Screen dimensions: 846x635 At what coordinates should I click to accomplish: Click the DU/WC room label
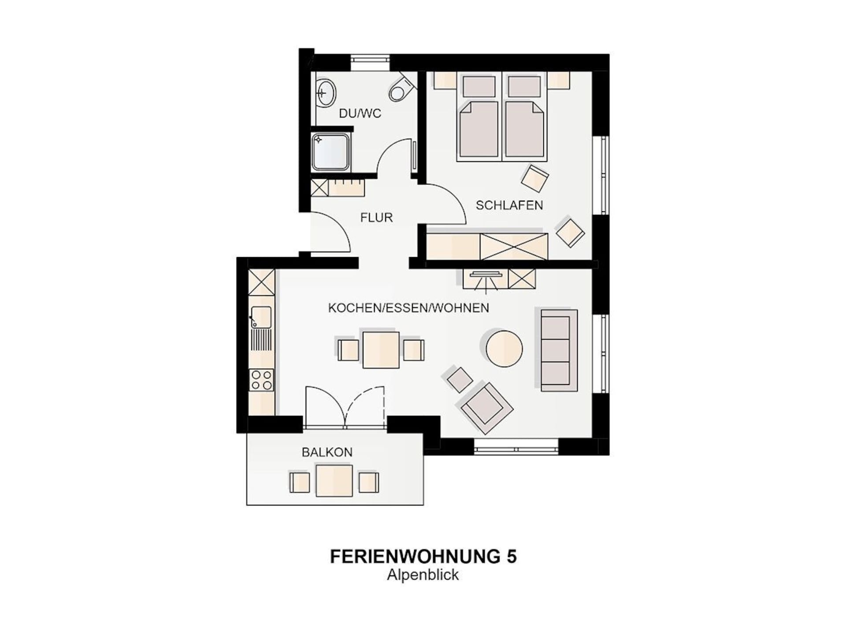click(360, 113)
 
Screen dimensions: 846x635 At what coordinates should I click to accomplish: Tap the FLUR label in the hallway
click(376, 217)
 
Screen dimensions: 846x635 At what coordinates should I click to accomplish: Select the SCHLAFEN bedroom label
click(509, 205)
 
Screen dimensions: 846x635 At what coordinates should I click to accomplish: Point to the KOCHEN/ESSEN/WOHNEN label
click(408, 308)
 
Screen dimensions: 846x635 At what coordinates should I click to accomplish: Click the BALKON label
click(327, 452)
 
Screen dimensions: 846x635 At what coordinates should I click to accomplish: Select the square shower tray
click(330, 152)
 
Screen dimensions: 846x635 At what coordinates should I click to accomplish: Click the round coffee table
click(504, 349)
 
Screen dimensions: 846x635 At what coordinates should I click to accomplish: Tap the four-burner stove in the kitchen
click(261, 380)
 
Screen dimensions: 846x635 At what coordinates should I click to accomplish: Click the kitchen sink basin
click(261, 317)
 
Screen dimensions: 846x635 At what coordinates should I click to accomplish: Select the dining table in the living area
click(381, 350)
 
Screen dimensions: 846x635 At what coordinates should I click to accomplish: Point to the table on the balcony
click(334, 481)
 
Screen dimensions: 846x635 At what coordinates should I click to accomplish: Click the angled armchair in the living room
click(486, 408)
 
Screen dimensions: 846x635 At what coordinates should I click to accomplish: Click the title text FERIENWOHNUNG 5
click(423, 557)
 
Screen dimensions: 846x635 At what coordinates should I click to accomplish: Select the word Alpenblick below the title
click(423, 575)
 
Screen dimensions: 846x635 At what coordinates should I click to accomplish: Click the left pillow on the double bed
click(479, 86)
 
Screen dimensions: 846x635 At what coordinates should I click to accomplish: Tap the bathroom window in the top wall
click(370, 62)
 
